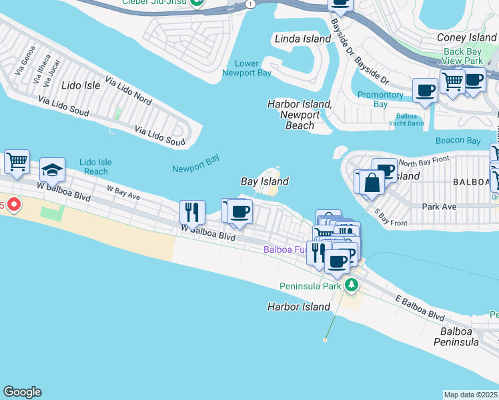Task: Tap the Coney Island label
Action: coord(466,38)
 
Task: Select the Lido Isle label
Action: coord(80,85)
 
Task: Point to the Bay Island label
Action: coord(265,181)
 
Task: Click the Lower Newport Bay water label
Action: coord(247,69)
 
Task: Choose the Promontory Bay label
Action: coord(380,99)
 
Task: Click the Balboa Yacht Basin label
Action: coord(406,119)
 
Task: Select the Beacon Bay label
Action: coord(458,141)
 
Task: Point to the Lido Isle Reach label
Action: coord(95,167)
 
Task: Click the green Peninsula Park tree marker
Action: coord(351,286)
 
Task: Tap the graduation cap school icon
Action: coord(52,171)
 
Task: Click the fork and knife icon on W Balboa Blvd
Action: coord(192,212)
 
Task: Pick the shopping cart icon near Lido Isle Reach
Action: coord(17,161)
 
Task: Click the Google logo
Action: coord(22,392)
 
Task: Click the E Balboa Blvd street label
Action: coord(419,308)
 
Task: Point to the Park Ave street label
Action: coord(439,207)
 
